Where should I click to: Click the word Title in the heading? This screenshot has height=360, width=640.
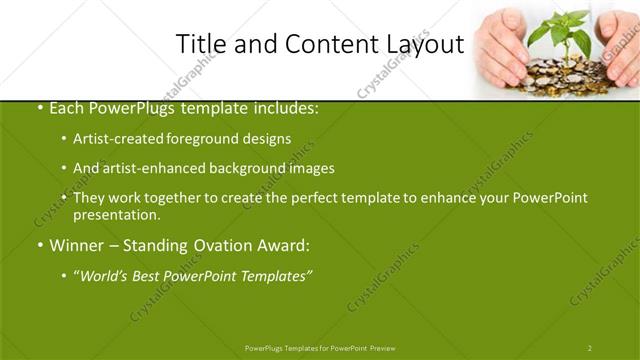[x=199, y=44]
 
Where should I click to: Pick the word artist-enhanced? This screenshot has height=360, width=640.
[x=150, y=168]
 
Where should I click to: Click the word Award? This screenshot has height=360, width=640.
[x=285, y=244]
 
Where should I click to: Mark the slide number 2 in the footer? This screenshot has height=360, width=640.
[x=590, y=348]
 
